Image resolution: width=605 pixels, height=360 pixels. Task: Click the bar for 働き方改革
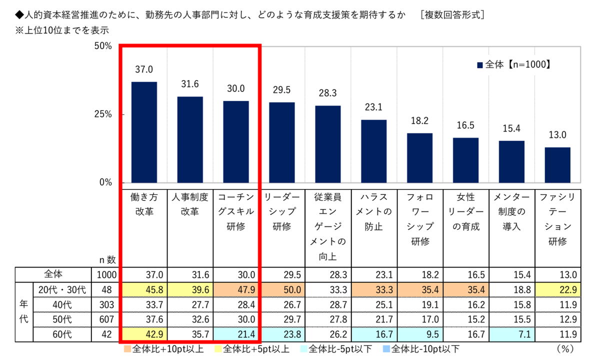coord(144,132)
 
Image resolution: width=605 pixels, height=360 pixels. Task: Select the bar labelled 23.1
coord(374,151)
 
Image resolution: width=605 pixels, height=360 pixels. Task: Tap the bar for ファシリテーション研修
coord(557,165)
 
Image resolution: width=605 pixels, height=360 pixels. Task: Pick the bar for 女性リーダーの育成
coord(465,160)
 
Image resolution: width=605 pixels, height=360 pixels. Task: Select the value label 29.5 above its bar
coord(282,90)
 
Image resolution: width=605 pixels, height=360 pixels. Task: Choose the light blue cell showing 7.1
coord(511,334)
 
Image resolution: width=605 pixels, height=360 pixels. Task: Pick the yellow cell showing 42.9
coord(144,334)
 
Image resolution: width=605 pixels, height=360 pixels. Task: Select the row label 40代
coord(62,304)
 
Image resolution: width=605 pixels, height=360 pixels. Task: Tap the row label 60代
coord(62,334)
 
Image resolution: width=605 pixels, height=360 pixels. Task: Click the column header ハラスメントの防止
coord(374,212)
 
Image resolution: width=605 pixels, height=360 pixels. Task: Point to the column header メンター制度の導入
coord(511,212)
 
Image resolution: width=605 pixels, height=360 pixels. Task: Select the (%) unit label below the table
coord(563,348)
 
